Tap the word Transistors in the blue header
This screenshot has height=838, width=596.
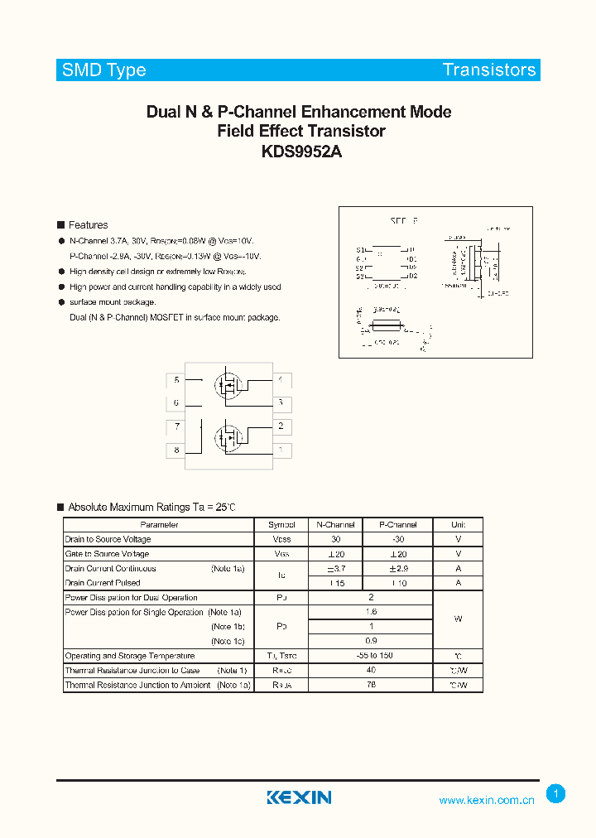489,70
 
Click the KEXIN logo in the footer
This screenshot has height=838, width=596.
299,797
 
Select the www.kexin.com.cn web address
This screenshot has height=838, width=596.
487,800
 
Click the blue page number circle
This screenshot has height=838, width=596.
556,794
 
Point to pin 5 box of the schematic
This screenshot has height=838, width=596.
175,380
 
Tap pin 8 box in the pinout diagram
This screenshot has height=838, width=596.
175,450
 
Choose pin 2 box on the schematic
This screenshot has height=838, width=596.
281,426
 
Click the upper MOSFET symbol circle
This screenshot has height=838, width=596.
228,385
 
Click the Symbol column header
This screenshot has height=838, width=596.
281,525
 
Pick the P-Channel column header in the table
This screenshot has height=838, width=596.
398,525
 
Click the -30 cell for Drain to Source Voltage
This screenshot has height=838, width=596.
398,539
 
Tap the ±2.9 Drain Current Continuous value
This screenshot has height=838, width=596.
398,569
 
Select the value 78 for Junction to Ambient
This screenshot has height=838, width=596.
371,686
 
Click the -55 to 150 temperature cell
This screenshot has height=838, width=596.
371,656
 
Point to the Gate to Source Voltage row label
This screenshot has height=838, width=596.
108,554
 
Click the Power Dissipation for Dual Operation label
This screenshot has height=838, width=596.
132,598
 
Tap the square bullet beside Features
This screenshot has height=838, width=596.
60,225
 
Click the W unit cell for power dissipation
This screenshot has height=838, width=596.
458,619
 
